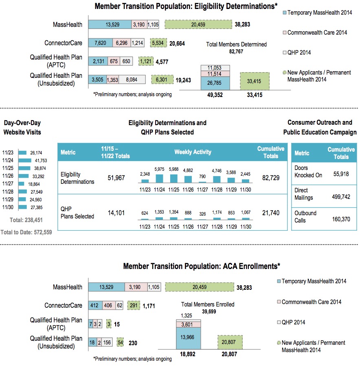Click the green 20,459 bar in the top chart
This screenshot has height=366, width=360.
click(x=198, y=24)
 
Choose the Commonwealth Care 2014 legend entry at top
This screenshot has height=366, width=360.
click(x=317, y=32)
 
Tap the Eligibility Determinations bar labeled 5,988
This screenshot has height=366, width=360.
click(x=174, y=178)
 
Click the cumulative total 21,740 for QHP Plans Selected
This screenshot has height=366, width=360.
click(x=271, y=213)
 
